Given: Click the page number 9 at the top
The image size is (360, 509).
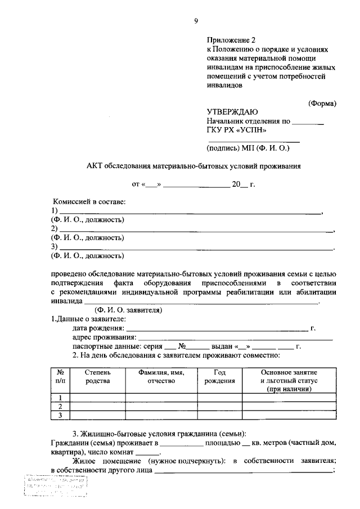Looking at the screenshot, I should pos(196,21).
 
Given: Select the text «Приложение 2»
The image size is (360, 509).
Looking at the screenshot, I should pos(231,40).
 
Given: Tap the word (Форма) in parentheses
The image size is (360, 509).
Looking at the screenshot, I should pos(322,103).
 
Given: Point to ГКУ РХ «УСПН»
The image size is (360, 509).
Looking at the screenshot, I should pos(236,130).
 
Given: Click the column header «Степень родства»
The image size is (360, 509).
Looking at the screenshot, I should pos(98,377).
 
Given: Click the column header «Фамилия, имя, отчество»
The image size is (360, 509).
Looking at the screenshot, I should pos(161,377).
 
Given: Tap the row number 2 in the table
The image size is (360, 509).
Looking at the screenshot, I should pos(60,406).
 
